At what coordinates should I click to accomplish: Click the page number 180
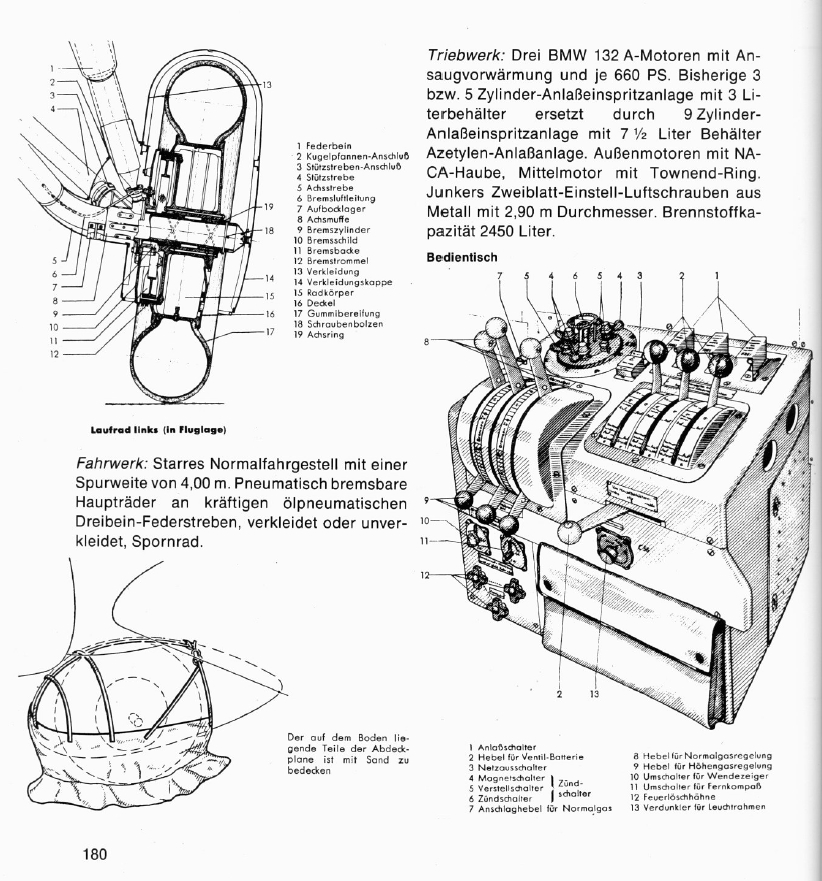[95, 855]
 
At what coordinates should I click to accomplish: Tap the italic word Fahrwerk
[112, 465]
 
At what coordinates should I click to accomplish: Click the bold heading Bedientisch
[462, 257]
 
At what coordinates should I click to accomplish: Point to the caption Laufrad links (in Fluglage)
[158, 430]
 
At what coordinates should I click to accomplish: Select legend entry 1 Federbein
[324, 146]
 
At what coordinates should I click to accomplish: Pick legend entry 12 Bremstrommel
[331, 261]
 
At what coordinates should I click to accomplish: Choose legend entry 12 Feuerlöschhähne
[673, 797]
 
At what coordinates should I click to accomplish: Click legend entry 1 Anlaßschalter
[502, 747]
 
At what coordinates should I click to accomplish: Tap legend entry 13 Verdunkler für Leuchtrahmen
[697, 807]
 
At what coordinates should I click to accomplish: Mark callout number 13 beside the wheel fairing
[267, 85]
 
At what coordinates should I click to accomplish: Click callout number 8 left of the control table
[426, 341]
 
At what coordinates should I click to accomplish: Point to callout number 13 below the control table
[594, 694]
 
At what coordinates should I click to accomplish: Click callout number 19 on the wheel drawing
[269, 207]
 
